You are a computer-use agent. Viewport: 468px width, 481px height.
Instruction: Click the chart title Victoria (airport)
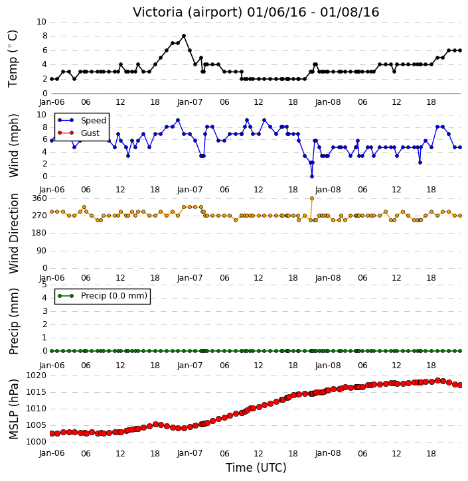(x=188, y=12)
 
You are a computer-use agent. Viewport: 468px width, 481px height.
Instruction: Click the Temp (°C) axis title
(x=13, y=58)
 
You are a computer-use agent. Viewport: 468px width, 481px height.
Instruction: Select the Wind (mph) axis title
(x=14, y=145)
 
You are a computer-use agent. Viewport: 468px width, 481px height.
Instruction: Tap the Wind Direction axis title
(x=14, y=233)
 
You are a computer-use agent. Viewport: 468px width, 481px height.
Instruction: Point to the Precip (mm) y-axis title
(x=14, y=321)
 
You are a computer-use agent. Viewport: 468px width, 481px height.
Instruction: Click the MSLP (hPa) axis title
(x=14, y=409)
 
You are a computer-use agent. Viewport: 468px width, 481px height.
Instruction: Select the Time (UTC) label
(x=256, y=468)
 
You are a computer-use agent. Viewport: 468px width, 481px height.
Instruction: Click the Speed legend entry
(x=94, y=120)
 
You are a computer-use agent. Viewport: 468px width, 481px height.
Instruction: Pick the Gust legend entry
(x=90, y=133)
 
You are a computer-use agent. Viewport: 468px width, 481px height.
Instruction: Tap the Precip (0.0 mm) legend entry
(x=114, y=296)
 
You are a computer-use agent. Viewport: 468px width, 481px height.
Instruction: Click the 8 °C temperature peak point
(x=184, y=36)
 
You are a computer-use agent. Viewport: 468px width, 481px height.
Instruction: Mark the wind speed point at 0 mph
(x=312, y=176)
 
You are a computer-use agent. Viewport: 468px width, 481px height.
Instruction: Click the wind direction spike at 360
(x=312, y=198)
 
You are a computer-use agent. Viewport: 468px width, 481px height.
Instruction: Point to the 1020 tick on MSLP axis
(x=37, y=376)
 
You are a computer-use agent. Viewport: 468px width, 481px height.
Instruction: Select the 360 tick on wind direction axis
(x=40, y=198)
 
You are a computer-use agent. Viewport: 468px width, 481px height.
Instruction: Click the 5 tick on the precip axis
(x=44, y=285)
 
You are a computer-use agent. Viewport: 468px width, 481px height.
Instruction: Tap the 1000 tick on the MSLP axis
(x=37, y=442)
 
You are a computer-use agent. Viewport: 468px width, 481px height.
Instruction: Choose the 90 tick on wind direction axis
(x=42, y=251)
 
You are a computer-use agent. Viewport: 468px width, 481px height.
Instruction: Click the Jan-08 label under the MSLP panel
(x=328, y=453)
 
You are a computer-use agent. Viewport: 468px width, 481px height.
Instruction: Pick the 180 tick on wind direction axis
(x=40, y=233)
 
